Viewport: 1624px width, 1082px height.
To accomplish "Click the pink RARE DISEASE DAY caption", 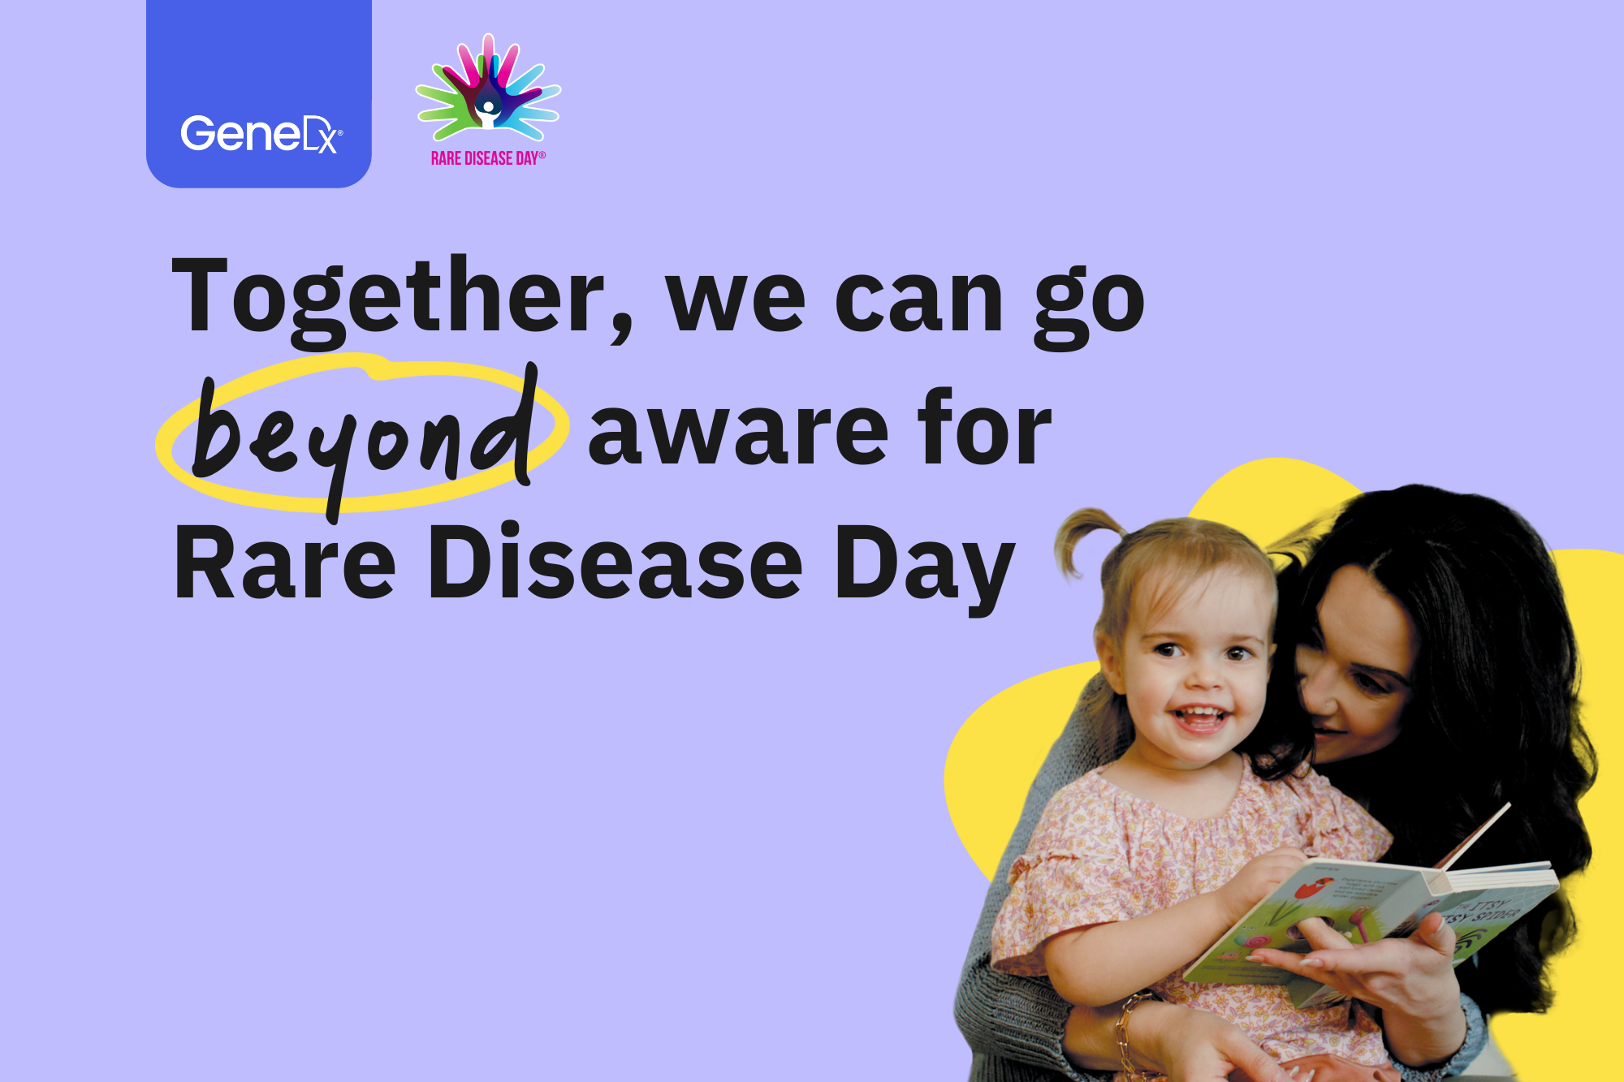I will pyautogui.click(x=487, y=158).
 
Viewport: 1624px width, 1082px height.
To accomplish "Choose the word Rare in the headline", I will pyautogui.click(x=284, y=564).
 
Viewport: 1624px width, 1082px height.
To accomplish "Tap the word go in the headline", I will pyautogui.click(x=1088, y=304).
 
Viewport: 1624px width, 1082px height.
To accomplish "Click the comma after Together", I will pyautogui.click(x=622, y=329).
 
